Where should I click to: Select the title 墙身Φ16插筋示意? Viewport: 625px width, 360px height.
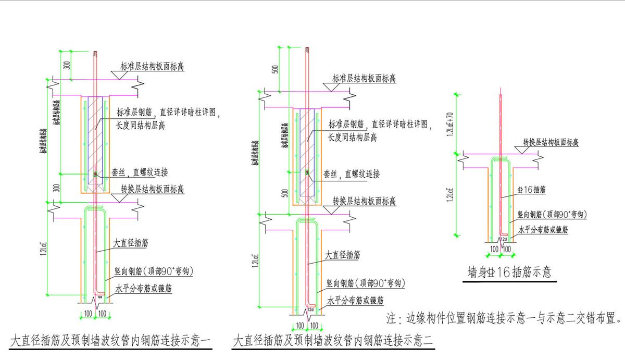pos(509,272)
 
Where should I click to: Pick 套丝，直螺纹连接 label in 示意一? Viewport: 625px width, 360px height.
pos(139,173)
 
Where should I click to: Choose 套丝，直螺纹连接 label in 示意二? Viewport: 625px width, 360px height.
pos(352,174)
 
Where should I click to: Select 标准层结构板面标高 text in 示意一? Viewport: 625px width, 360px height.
pos(152,67)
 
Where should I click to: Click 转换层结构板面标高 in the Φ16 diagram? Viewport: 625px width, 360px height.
pos(552,142)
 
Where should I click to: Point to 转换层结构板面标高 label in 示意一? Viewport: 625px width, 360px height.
pos(153,189)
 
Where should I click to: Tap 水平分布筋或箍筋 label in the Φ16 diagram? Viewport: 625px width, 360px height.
pos(543,229)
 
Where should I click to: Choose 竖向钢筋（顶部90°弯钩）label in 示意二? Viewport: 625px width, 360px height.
pos(365,283)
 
